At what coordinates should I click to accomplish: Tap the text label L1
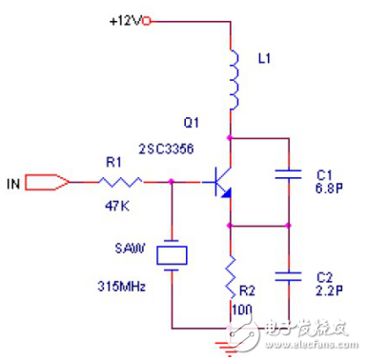tap(266, 58)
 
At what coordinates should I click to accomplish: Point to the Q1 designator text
tap(193, 123)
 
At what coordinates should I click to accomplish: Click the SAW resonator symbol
tap(172, 254)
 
